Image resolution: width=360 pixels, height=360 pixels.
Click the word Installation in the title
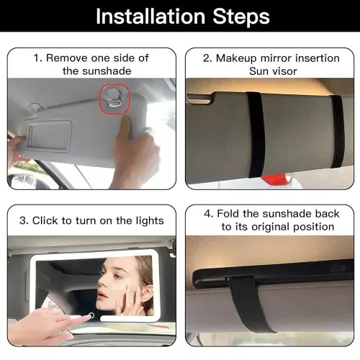(150, 17)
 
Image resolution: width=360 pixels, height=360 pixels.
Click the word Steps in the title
(241, 17)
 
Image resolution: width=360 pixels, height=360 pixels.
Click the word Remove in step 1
(66, 58)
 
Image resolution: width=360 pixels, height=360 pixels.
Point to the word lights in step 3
(150, 221)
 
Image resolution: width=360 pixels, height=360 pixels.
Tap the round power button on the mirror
(91, 315)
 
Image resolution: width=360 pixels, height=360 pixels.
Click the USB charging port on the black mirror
(338, 269)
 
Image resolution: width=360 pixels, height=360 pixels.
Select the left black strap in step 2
(256, 135)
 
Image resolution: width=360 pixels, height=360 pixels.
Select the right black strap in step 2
(338, 132)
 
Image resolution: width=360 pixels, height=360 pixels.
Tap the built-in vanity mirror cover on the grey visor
(50, 136)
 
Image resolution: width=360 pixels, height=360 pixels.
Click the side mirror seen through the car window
(22, 181)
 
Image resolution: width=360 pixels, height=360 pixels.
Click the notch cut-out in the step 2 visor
(200, 99)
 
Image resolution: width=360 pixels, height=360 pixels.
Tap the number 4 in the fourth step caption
(207, 213)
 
